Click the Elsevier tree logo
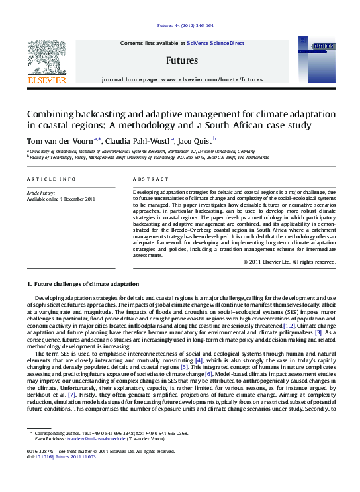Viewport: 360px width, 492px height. click(47, 60)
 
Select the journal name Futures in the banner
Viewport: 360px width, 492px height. click(182, 60)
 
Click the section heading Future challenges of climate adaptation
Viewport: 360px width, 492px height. click(82, 283)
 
